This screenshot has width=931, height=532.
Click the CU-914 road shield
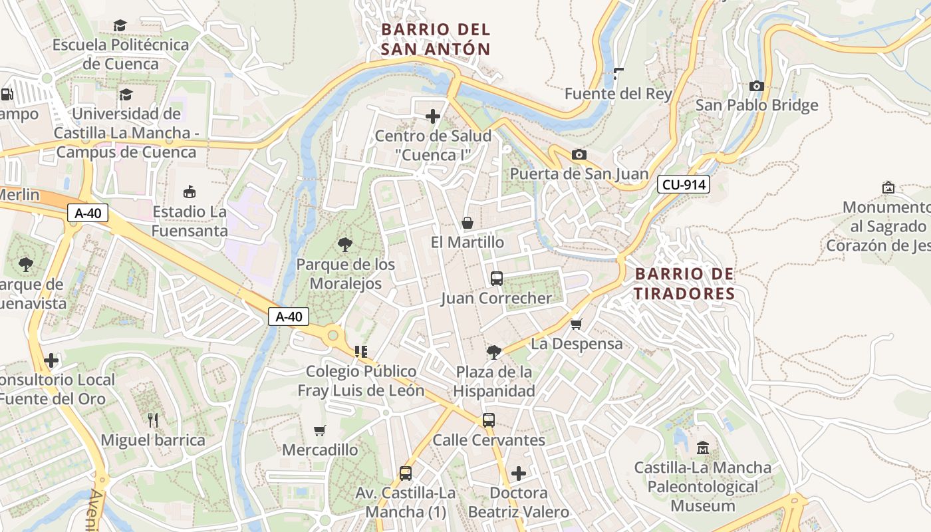click(684, 185)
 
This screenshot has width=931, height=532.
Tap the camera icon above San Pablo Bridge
click(756, 86)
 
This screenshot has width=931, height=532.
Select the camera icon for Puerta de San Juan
click(579, 155)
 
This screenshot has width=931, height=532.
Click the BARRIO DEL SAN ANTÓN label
click(436, 39)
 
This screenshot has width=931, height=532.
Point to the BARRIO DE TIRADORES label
click(684, 284)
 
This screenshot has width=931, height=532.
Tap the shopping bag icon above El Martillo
click(467, 222)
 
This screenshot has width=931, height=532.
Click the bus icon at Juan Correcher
click(496, 278)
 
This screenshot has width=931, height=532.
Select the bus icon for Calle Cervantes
click(489, 420)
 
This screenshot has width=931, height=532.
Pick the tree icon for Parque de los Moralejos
click(344, 245)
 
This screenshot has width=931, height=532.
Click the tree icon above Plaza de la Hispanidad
click(493, 352)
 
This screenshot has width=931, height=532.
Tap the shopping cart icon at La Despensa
click(576, 324)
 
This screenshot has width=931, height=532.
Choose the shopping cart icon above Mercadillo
click(320, 430)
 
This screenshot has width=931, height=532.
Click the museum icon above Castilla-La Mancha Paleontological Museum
click(703, 448)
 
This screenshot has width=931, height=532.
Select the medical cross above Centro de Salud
click(433, 116)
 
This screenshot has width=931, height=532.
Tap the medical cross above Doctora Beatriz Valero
click(519, 473)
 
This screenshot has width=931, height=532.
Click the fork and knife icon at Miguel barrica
click(153, 420)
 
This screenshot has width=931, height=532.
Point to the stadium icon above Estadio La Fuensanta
click(190, 192)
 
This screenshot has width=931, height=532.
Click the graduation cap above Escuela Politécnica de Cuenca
click(120, 25)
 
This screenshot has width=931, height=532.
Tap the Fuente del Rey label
click(618, 94)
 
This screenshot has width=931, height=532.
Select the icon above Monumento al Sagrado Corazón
click(888, 188)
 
